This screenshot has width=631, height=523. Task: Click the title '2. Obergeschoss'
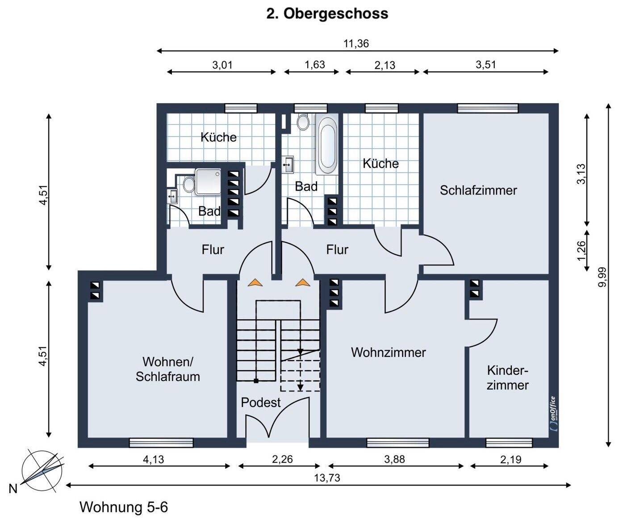(327, 14)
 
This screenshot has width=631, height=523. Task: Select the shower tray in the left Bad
(208, 182)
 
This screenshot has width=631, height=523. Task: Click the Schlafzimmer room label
(478, 190)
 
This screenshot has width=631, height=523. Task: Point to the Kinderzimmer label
(508, 378)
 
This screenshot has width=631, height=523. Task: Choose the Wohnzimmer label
(388, 352)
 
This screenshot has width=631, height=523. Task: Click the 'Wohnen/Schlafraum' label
(167, 369)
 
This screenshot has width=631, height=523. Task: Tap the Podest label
(261, 402)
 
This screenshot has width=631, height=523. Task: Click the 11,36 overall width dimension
(356, 44)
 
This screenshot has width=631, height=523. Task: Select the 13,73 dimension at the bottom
(327, 478)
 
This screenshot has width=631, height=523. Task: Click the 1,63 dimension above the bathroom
(314, 65)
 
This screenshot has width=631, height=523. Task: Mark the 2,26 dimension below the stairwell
(282, 459)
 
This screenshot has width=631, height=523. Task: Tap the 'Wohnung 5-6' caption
(124, 507)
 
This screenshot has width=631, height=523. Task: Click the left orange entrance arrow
(255, 282)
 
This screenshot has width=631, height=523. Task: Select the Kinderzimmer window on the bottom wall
(509, 443)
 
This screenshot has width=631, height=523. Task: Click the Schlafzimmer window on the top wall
(488, 108)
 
